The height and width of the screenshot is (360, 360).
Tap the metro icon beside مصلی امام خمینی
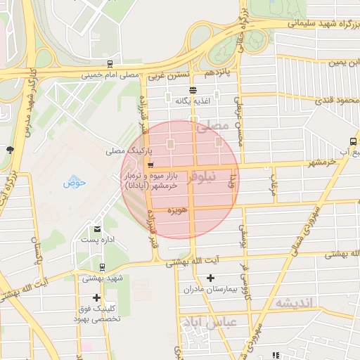[x=110, y=64]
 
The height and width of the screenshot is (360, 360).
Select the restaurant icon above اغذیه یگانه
[x=193, y=90]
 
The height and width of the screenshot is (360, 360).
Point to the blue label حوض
[x=74, y=183]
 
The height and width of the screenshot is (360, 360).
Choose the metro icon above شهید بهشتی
[x=103, y=267]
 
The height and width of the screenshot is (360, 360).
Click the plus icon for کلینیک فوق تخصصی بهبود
[x=96, y=297]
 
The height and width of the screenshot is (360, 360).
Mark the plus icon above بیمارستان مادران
[x=210, y=278]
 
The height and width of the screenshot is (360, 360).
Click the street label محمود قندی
[x=337, y=101]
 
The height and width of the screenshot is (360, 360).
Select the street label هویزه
[x=176, y=210]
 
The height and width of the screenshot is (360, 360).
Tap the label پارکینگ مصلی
[x=124, y=150]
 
